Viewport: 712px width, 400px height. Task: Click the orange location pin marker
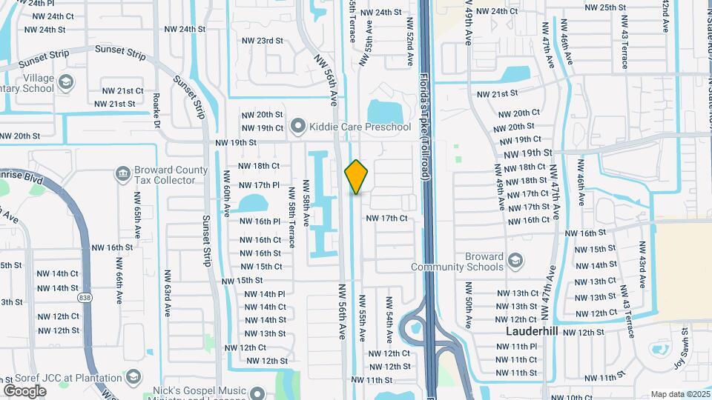pyautogui.click(x=356, y=177)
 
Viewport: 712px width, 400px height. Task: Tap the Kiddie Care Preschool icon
pyautogui.click(x=298, y=127)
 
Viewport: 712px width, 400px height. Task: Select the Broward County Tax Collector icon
pyautogui.click(x=123, y=174)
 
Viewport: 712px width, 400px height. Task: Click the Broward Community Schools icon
pyautogui.click(x=515, y=261)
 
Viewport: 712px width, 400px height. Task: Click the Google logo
pyautogui.click(x=24, y=390)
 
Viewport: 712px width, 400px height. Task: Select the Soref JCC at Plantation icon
pyautogui.click(x=133, y=379)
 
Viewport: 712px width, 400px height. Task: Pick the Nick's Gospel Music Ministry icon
pyautogui.click(x=257, y=392)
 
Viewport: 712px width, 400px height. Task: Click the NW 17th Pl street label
pyautogui.click(x=259, y=184)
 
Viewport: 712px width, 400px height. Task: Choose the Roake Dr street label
pyautogui.click(x=156, y=110)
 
